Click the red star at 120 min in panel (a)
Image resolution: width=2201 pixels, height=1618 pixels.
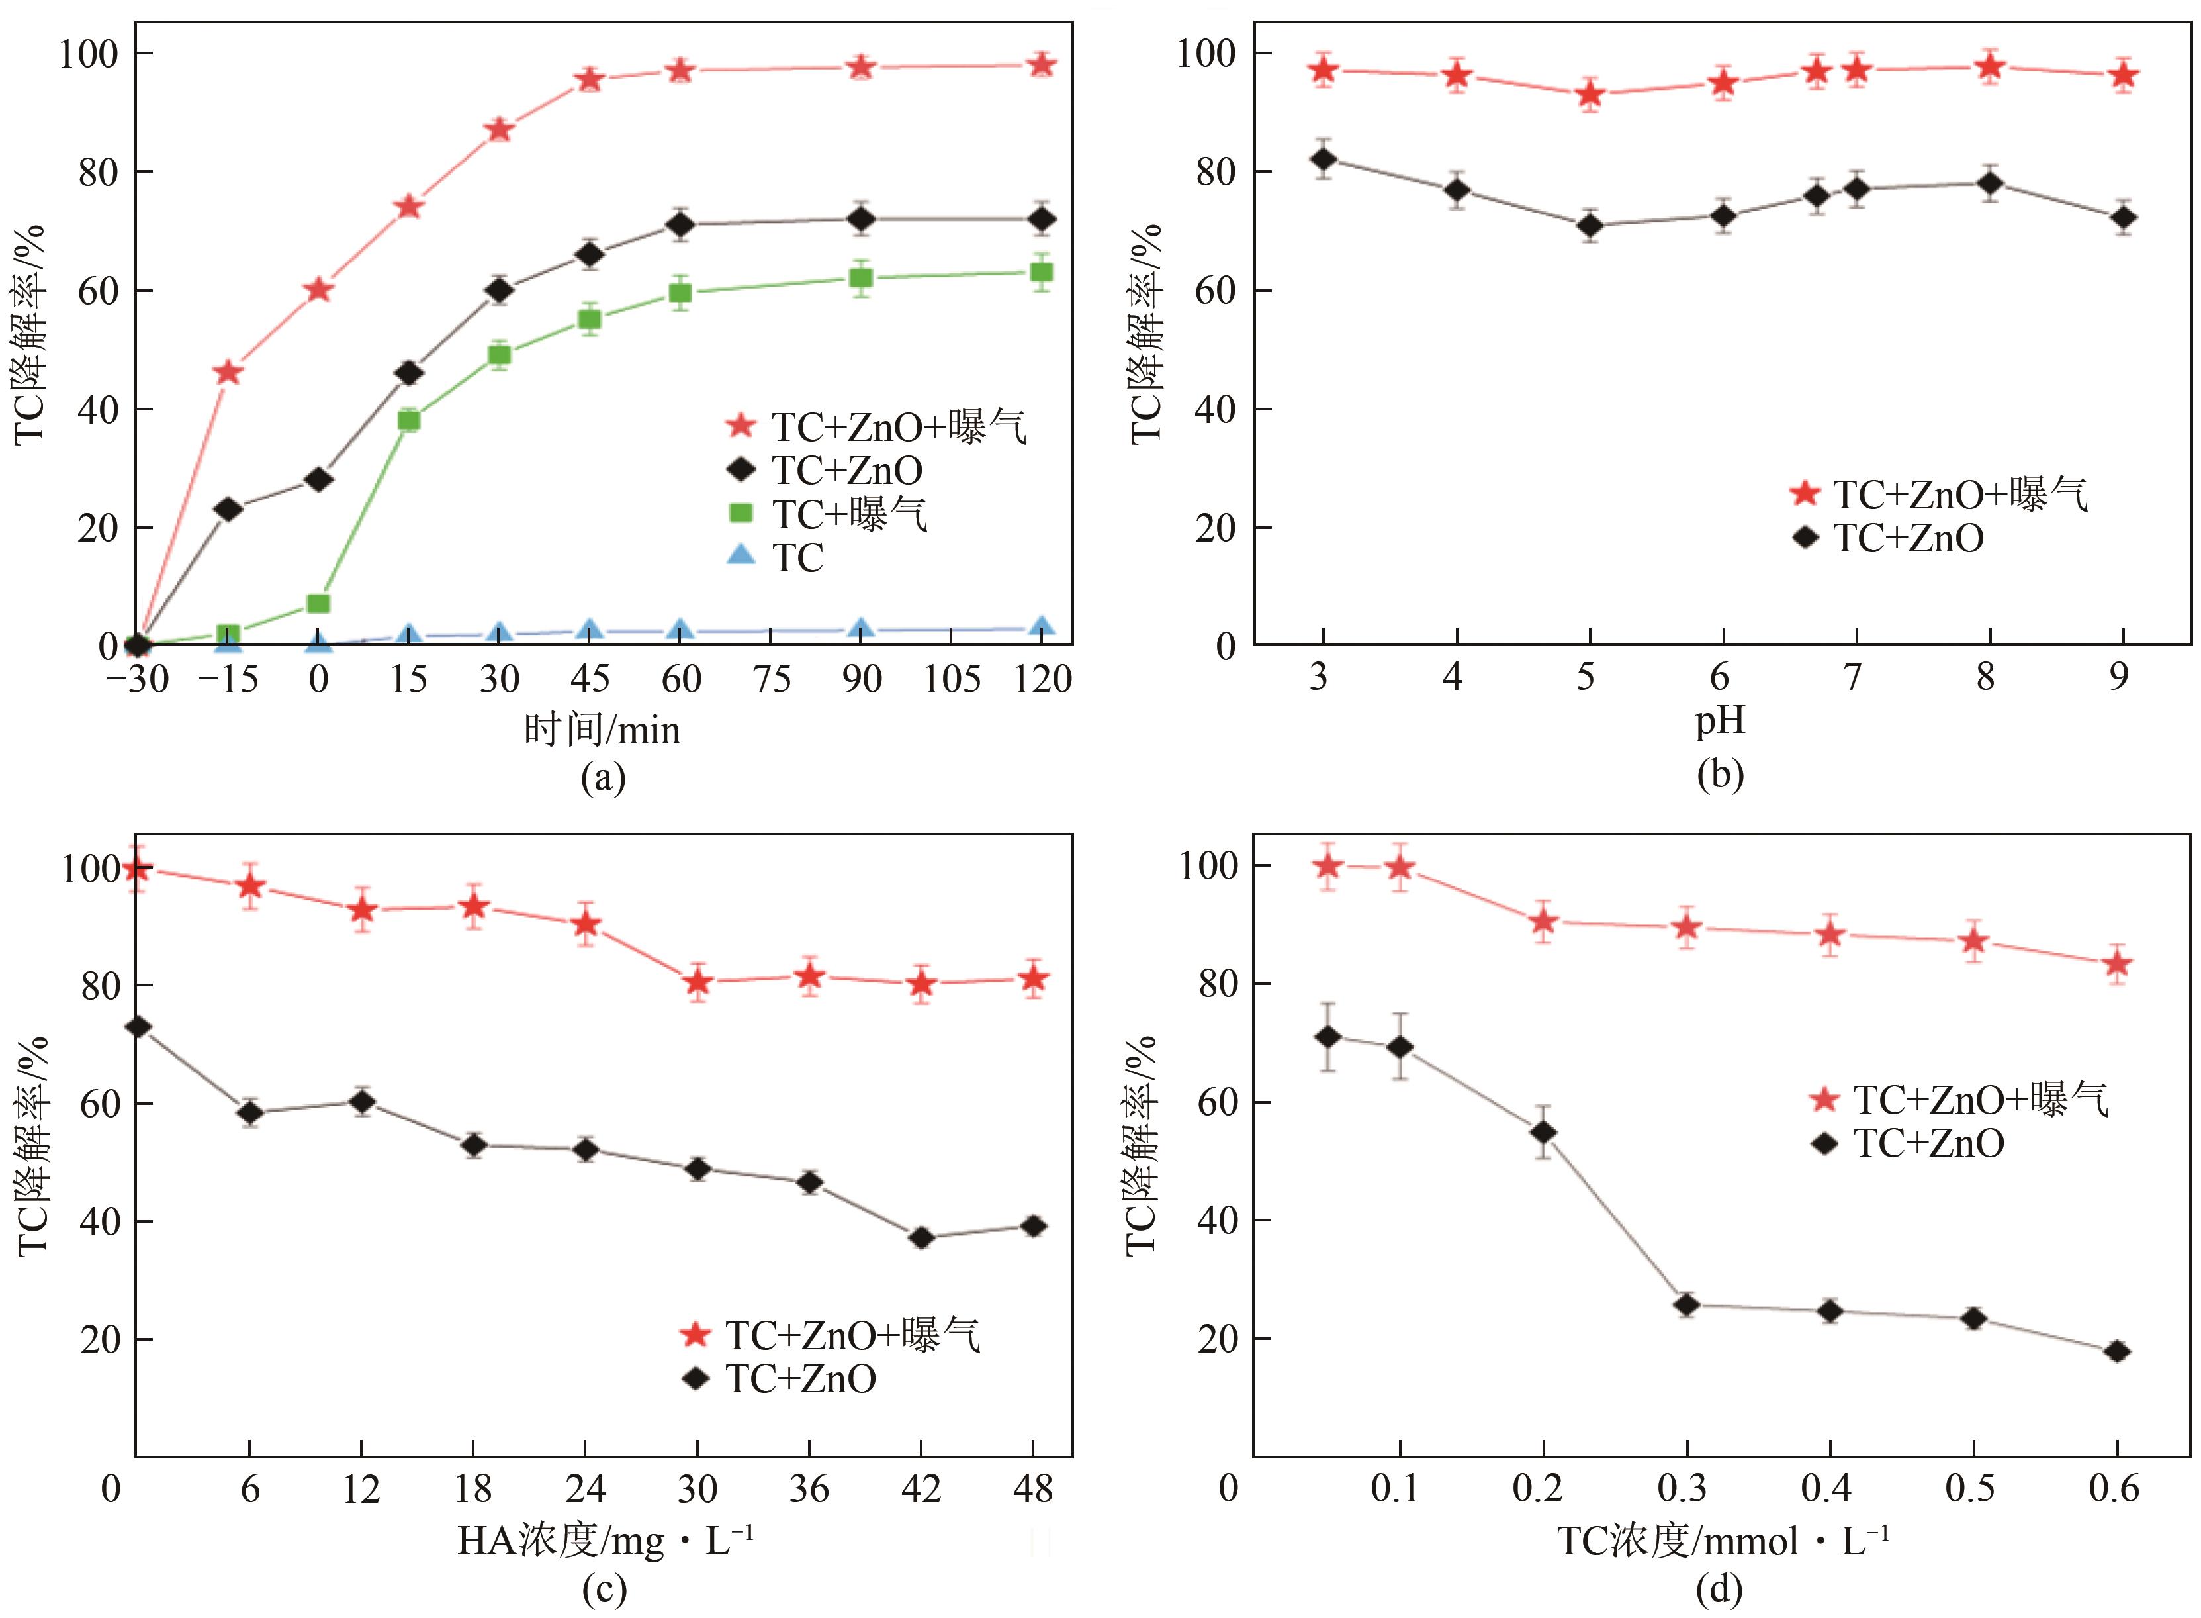[1042, 65]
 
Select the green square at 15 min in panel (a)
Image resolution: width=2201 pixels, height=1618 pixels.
[408, 420]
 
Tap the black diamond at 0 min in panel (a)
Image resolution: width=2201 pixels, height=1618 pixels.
[318, 479]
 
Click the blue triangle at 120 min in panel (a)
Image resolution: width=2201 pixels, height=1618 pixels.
[1042, 628]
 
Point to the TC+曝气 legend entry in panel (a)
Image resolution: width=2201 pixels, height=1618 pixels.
[848, 513]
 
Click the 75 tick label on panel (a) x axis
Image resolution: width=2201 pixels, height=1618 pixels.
[772, 679]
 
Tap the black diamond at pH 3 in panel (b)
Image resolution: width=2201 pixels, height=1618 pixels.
[1323, 159]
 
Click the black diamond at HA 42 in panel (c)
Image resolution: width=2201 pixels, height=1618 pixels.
[921, 1238]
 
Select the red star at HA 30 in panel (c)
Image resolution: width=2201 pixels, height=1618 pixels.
[697, 980]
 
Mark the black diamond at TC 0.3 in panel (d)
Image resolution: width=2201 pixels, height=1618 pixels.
[1686, 1305]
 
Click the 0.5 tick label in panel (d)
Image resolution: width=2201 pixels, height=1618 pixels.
[1970, 1489]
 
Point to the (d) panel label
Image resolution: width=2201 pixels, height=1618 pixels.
[1719, 1589]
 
